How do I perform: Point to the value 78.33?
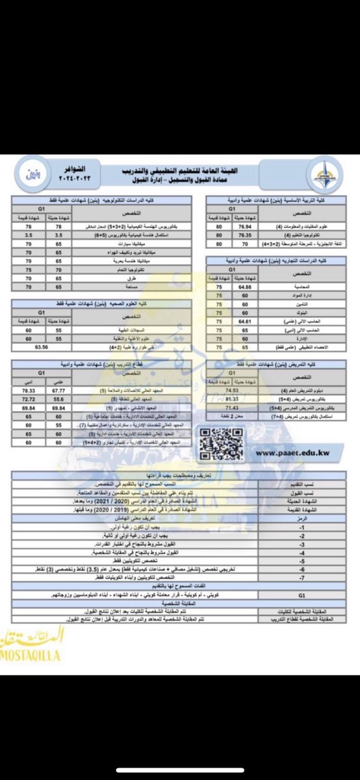[28, 390]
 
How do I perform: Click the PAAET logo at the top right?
[322, 174]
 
